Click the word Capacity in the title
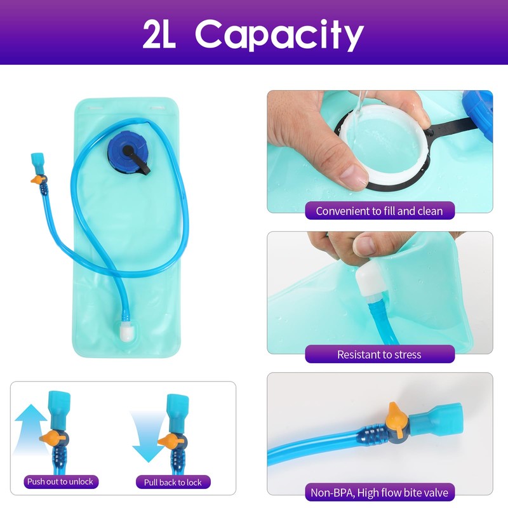tap(279, 34)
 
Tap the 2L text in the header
tap(159, 34)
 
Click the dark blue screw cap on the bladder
tap(128, 152)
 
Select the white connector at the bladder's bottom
tap(126, 332)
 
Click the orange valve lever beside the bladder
tap(38, 179)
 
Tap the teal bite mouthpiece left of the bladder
tap(37, 161)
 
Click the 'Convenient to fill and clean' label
tap(380, 211)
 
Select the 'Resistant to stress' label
tap(380, 354)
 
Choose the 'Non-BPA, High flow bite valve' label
tap(380, 493)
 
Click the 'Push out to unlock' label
tap(60, 482)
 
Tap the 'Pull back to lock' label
tap(173, 483)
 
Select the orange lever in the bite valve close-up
tap(396, 418)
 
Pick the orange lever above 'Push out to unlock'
tap(53, 438)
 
